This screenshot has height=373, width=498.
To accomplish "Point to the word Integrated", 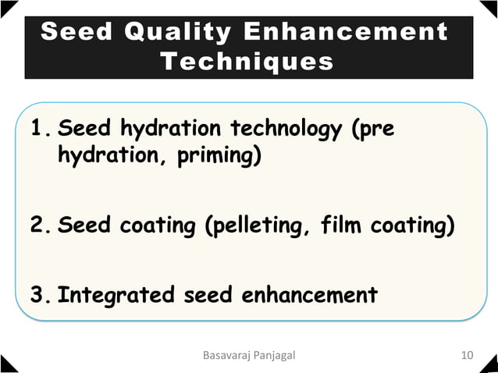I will [116, 296].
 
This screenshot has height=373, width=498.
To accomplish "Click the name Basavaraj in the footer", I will [227, 357].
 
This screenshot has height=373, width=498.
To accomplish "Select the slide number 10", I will [468, 357].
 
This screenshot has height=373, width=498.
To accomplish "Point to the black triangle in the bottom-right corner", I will [491, 366].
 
